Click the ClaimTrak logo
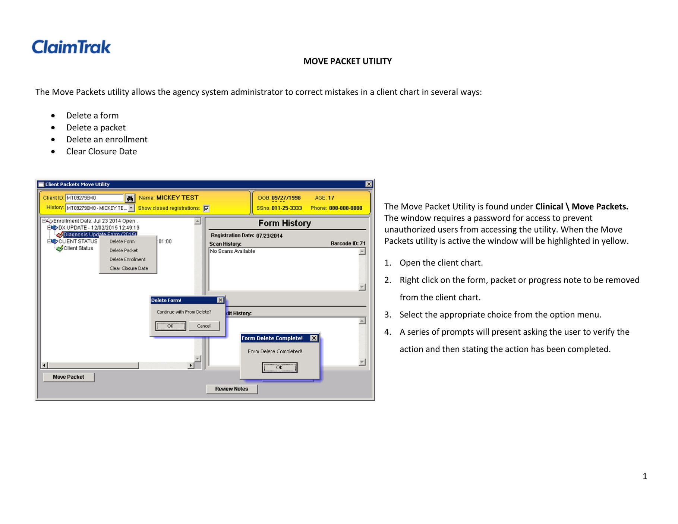71,47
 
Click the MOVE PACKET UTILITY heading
347,61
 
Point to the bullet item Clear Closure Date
101,151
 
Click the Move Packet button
69,377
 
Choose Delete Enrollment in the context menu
127,259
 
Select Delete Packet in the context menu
123,250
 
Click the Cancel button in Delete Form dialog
204,326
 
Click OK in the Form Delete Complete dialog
279,367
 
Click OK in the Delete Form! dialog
170,326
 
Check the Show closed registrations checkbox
206,208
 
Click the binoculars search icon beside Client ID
130,198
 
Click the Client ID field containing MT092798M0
94,198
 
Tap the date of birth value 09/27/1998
286,198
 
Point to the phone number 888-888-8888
345,208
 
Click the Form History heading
284,223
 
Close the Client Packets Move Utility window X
368,184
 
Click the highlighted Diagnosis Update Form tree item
100,234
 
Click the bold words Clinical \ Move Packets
581,206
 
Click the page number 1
644,476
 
